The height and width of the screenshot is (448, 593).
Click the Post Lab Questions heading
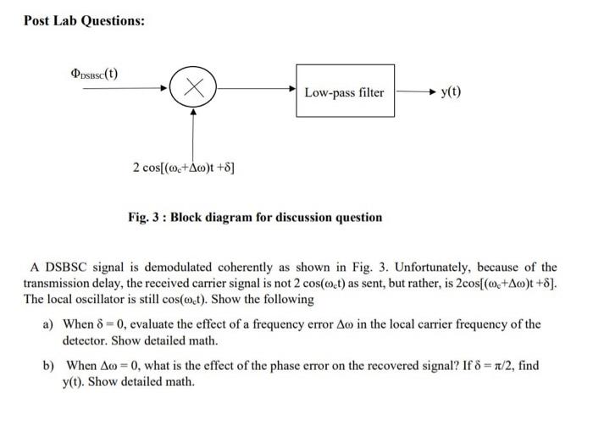[84, 20]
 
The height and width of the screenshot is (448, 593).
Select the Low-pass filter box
[345, 92]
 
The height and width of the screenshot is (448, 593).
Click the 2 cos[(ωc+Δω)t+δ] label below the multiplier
[183, 168]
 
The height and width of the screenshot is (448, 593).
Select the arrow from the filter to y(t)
[413, 91]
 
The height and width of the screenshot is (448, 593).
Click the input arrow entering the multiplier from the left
[122, 86]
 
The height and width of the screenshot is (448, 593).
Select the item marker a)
[48, 324]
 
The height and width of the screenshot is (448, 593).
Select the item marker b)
[48, 365]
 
